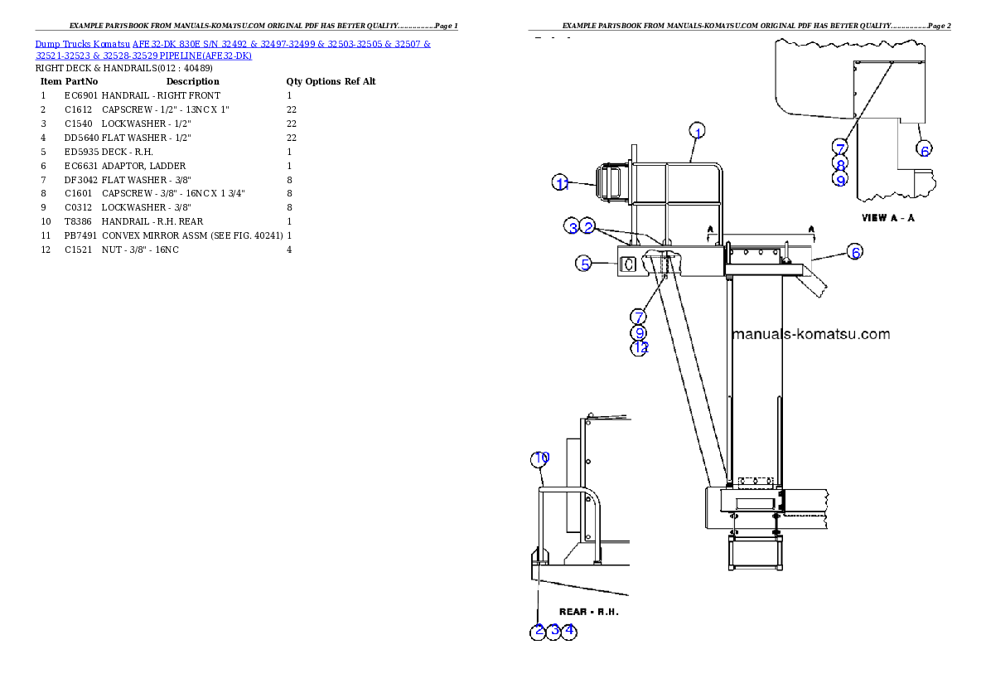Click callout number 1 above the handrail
pyautogui.click(x=698, y=132)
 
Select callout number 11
pyautogui.click(x=562, y=184)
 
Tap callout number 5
pyautogui.click(x=585, y=264)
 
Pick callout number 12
pyautogui.click(x=639, y=348)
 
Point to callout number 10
pyautogui.click(x=541, y=458)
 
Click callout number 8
pyautogui.click(x=840, y=164)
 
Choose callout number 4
pyautogui.click(x=568, y=631)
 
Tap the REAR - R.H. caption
pyautogui.click(x=589, y=612)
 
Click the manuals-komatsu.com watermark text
pyautogui.click(x=811, y=335)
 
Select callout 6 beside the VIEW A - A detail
pyautogui.click(x=925, y=149)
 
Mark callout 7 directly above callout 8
pyautogui.click(x=840, y=148)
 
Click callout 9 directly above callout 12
pyautogui.click(x=639, y=332)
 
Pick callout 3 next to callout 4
pyautogui.click(x=554, y=631)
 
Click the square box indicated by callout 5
pyautogui.click(x=628, y=264)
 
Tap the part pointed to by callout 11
pyautogui.click(x=608, y=182)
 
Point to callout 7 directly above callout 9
pyautogui.click(x=639, y=317)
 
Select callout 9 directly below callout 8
pyautogui.click(x=840, y=179)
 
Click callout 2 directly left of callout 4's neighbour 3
pyautogui.click(x=539, y=631)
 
